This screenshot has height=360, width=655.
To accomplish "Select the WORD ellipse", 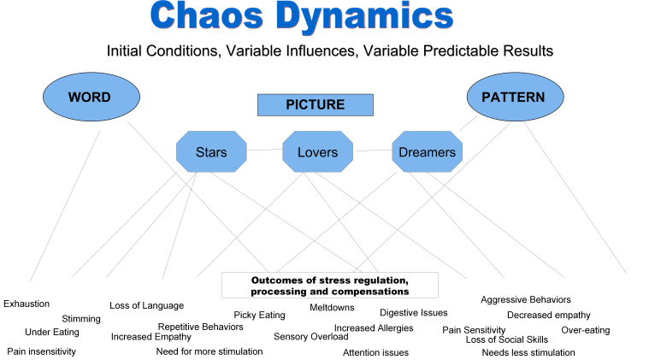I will pos(89,97).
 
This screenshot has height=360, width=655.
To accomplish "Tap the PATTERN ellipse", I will pos(512,97).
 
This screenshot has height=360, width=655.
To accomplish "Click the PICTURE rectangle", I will pos(316,105).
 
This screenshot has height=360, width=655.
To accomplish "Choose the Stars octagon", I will pos(211,153).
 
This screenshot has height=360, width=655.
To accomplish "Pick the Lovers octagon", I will pos(317,153).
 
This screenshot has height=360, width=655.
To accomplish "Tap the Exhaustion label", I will pos(27,304).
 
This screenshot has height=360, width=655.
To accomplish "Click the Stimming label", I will pos(81,319).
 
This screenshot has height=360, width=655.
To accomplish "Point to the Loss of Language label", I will pos(146,305).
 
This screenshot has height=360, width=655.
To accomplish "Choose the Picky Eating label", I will pos(259,316).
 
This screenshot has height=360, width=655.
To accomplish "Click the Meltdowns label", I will pos(333,306).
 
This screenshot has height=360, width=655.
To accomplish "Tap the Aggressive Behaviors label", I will pos(525,300).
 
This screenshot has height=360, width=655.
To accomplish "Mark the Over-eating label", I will pos(585,330).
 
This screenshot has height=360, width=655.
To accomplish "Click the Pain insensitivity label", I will pos(41,351).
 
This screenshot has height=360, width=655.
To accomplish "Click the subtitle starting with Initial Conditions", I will pos(329,50).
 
